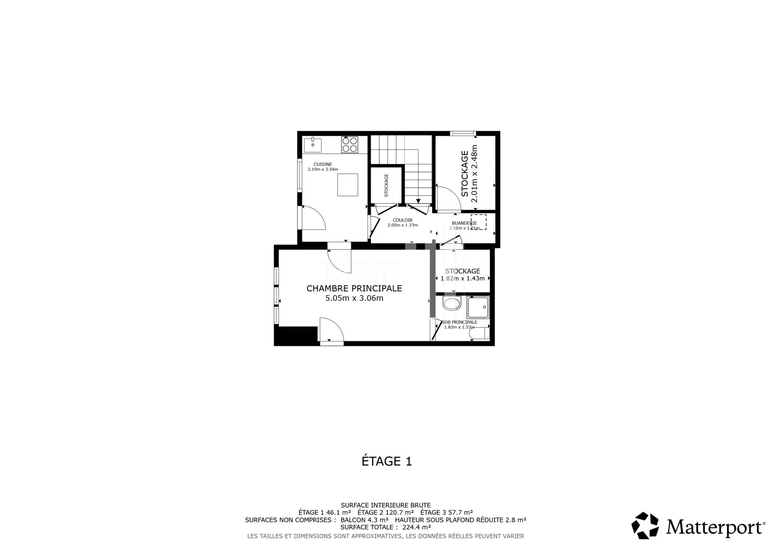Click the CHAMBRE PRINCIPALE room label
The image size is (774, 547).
[354, 288]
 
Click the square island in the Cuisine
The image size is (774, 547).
[347, 185]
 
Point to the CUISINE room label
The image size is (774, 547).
[323, 164]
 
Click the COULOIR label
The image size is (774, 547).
[403, 220]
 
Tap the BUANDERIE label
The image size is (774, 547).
[464, 223]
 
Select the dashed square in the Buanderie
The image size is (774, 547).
[479, 222]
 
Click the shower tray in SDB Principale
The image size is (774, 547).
[478, 307]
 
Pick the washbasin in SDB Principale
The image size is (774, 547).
[451, 303]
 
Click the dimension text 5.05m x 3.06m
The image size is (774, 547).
[354, 298]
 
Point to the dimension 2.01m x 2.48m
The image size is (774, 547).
[474, 174]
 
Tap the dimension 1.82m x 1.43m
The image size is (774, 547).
[463, 278]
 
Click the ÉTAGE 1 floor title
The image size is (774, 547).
[387, 461]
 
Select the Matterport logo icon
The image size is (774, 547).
[645, 525]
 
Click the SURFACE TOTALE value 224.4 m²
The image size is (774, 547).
[417, 527]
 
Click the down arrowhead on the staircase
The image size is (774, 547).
[418, 201]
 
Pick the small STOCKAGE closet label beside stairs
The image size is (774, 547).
[386, 185]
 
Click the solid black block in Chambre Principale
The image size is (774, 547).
[296, 336]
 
